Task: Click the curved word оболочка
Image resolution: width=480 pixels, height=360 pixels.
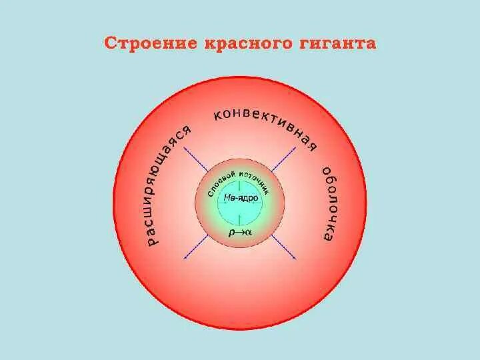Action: click(x=330, y=203)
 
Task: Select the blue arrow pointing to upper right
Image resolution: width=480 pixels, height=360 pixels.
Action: click(x=283, y=160)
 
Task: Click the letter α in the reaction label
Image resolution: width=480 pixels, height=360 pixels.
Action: click(x=248, y=233)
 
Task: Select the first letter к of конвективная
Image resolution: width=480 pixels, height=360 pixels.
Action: click(x=217, y=117)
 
